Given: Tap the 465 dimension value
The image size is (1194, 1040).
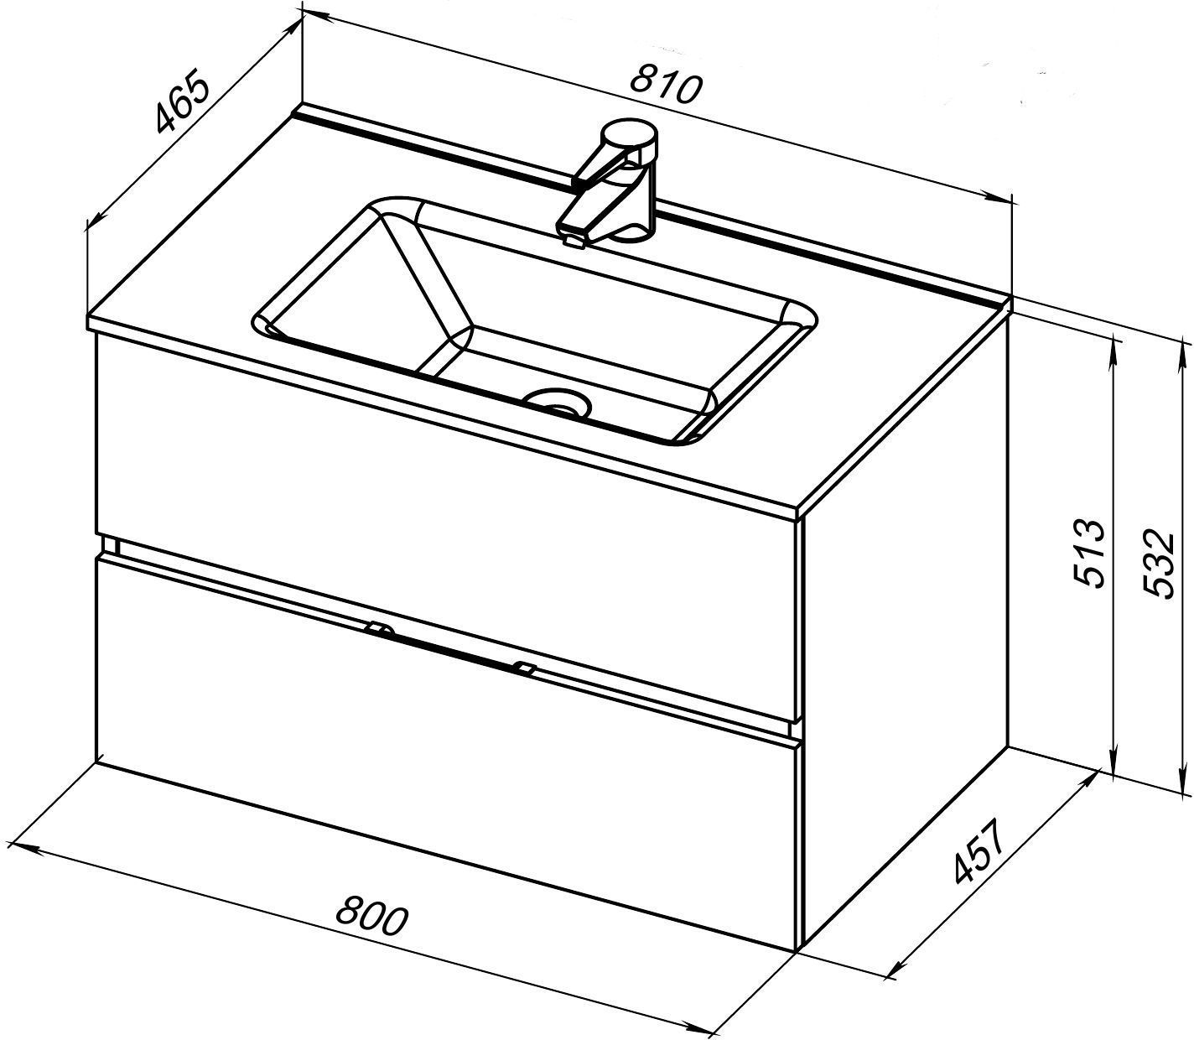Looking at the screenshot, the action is point(182,109).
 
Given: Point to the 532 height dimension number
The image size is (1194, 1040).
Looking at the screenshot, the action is point(1155,563).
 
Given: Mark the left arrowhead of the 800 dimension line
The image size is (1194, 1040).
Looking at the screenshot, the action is point(24,847).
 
